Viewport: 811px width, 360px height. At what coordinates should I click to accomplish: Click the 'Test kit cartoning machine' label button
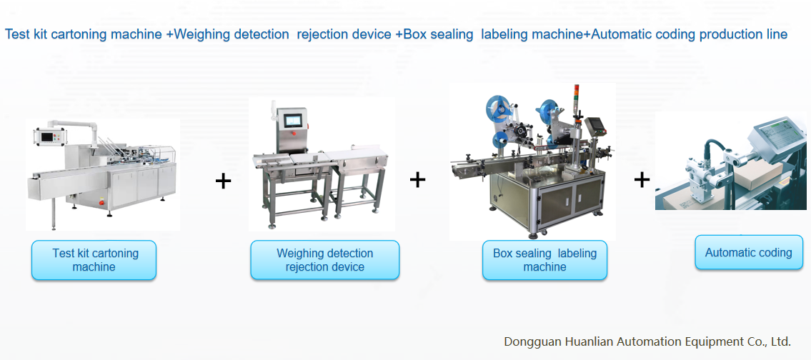pyautogui.click(x=94, y=260)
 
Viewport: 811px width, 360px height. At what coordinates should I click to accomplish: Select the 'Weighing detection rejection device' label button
pyautogui.click(x=324, y=260)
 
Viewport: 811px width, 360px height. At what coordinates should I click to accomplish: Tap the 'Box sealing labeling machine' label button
pyautogui.click(x=544, y=260)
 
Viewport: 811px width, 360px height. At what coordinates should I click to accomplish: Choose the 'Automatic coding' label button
pyautogui.click(x=748, y=252)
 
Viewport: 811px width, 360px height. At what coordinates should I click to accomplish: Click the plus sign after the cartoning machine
pyautogui.click(x=223, y=181)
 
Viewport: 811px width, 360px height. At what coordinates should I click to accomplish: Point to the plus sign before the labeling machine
pyautogui.click(x=417, y=179)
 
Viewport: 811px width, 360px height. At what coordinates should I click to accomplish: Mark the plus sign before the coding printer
pyautogui.click(x=642, y=179)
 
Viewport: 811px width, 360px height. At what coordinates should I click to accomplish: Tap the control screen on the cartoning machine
pyautogui.click(x=49, y=136)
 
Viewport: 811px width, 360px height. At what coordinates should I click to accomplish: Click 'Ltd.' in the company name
pyautogui.click(x=779, y=341)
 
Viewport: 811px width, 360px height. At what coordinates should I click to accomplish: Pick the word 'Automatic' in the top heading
pyautogui.click(x=626, y=34)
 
